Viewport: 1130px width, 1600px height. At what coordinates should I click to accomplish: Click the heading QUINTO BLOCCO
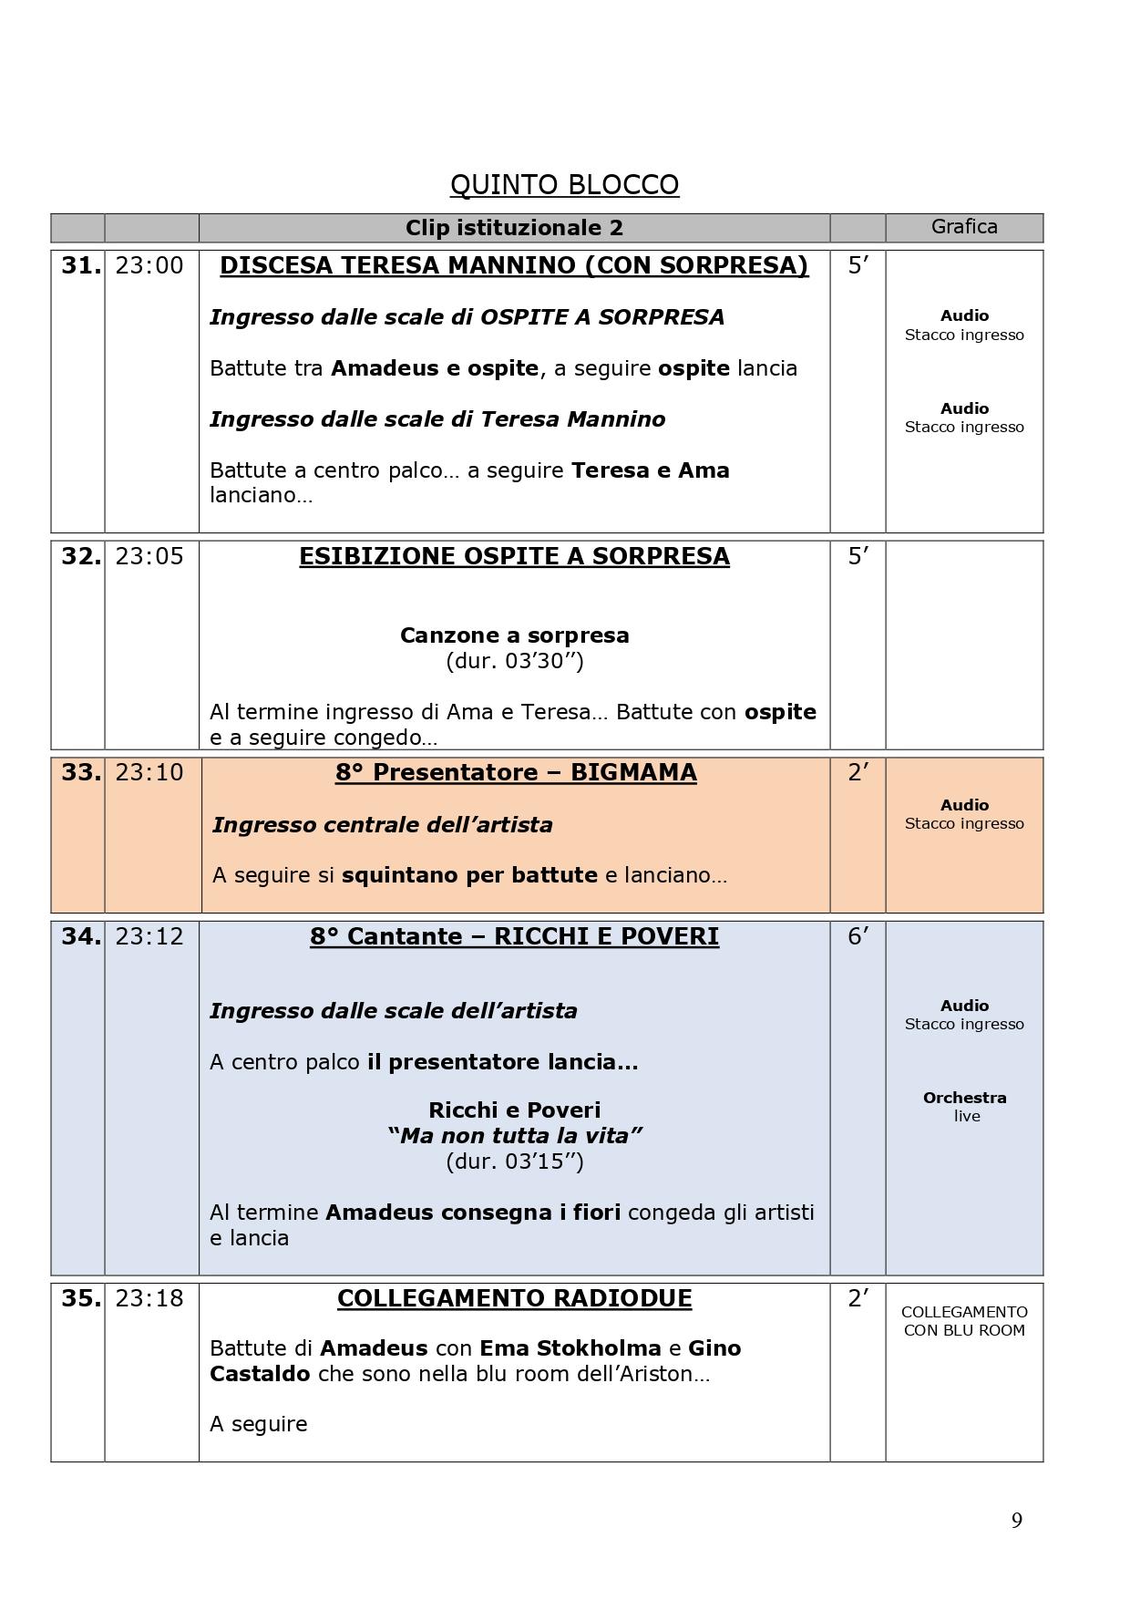(x=564, y=185)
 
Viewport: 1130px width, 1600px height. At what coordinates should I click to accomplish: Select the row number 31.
(x=80, y=265)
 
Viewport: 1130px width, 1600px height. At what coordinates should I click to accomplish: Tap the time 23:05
(x=149, y=556)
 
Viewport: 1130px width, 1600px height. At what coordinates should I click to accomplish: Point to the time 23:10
(x=149, y=772)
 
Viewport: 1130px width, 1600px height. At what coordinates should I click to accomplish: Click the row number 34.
(x=80, y=936)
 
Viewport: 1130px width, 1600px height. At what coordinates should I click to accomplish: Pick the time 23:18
(x=149, y=1298)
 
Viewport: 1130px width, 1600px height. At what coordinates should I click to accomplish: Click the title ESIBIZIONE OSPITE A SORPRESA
(x=514, y=556)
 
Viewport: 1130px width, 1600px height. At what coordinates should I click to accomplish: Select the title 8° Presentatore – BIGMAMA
(x=516, y=772)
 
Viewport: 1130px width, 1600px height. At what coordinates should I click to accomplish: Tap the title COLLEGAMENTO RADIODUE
(x=514, y=1298)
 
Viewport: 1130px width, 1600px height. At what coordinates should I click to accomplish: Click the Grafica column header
(x=964, y=226)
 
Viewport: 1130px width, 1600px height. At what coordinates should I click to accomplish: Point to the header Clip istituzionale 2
(x=514, y=228)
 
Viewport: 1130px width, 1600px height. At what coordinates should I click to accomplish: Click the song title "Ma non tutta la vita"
(x=514, y=1136)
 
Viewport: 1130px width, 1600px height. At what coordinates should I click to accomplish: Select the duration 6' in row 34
(x=858, y=936)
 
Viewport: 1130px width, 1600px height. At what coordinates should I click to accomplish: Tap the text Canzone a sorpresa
(x=514, y=635)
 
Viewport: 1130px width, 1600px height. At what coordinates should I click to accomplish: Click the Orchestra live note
(x=964, y=1107)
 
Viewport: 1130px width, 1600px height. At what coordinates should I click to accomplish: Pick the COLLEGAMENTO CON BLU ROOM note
(x=964, y=1321)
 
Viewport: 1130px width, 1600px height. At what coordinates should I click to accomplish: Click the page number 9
(x=1016, y=1520)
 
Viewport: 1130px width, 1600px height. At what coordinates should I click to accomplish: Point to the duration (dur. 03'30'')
(x=514, y=661)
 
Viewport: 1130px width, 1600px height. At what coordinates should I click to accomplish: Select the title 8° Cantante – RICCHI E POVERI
(x=514, y=936)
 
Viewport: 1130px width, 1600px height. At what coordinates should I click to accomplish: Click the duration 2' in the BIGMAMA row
(x=858, y=772)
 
